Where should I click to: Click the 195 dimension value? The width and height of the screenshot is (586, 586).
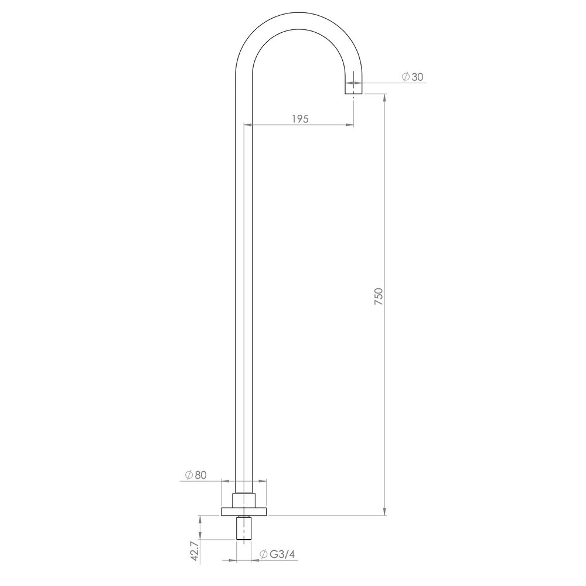[x=299, y=118]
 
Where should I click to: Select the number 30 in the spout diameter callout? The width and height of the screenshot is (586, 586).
[x=417, y=77]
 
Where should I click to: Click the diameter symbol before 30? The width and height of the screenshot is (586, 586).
[x=405, y=77]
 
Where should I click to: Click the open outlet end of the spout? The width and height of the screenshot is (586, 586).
[x=353, y=93]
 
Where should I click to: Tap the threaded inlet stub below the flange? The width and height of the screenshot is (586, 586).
[x=245, y=530]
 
